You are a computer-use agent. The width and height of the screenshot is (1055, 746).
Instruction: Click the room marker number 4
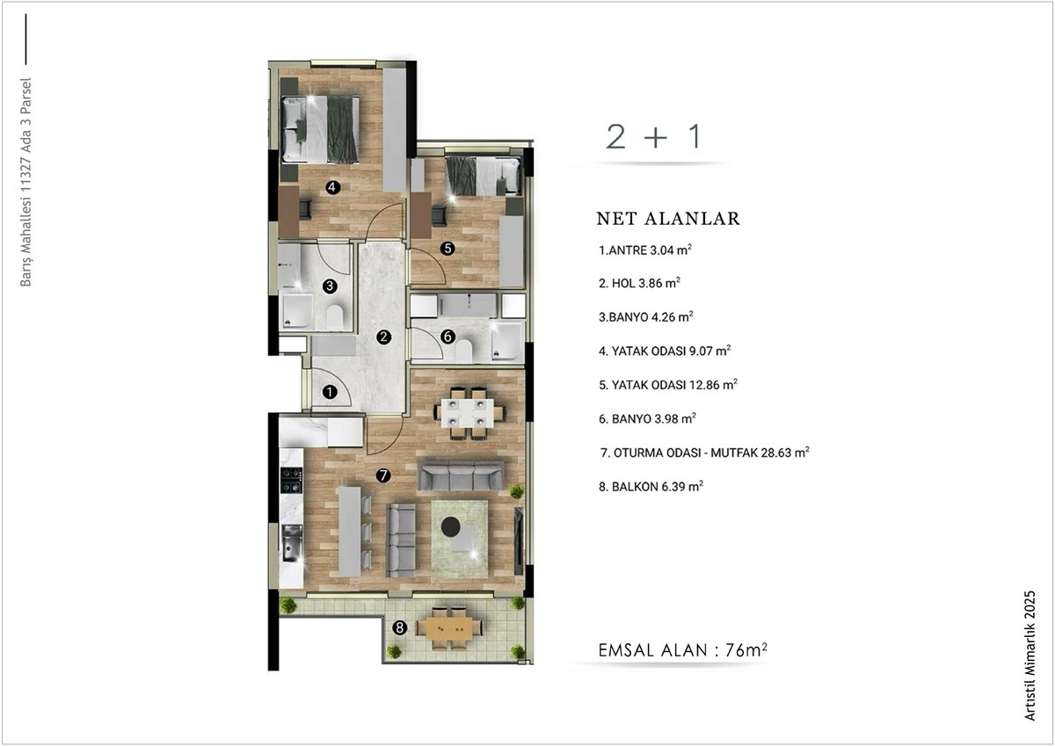point(333,187)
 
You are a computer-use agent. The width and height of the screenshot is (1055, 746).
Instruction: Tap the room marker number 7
point(383,475)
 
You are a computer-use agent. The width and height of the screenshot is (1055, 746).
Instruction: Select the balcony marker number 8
point(400,627)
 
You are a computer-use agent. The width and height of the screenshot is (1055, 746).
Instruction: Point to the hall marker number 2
point(384,337)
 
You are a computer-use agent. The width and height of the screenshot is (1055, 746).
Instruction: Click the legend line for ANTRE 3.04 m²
point(644,250)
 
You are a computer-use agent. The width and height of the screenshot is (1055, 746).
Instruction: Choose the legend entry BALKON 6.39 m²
point(651,486)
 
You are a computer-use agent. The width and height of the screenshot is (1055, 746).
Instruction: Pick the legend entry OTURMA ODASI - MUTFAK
point(704,453)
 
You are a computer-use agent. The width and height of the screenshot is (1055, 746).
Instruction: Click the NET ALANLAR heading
point(668,219)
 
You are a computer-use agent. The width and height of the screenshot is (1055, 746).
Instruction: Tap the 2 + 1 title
point(654,136)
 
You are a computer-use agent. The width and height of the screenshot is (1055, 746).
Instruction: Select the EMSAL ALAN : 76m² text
point(682,650)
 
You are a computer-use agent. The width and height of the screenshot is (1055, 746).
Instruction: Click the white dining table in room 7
point(468,413)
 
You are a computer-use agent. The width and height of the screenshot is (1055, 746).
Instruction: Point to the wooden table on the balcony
point(450,628)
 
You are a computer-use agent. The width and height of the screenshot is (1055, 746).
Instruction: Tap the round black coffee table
point(451,525)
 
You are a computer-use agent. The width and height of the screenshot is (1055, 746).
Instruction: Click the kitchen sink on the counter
point(292,544)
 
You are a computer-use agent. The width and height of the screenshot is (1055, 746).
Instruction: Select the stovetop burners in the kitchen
point(292,480)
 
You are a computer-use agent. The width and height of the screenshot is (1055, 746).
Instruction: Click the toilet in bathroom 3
point(335,316)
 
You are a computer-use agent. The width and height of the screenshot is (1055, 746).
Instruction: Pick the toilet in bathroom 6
point(463,351)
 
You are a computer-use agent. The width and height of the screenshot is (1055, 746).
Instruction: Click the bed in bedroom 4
point(321,129)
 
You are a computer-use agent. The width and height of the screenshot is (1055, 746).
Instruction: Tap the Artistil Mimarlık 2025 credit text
point(1030,655)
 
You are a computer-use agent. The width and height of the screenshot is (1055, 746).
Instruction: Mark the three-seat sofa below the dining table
point(461,475)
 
